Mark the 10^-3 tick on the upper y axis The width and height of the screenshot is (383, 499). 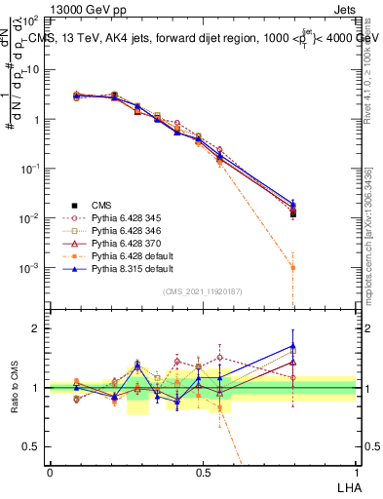28,267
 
